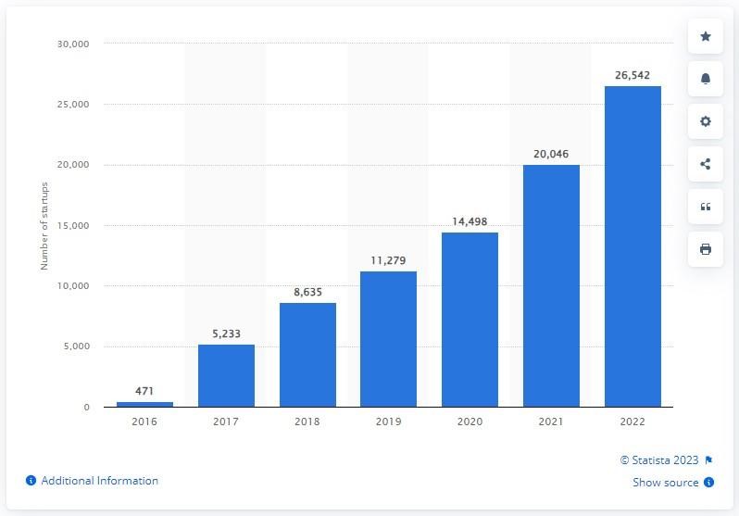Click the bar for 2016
click(x=144, y=404)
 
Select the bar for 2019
click(x=388, y=339)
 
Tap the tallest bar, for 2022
click(x=633, y=246)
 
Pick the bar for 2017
click(x=226, y=375)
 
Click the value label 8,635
click(x=307, y=292)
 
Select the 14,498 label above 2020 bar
click(x=470, y=221)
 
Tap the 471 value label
click(x=144, y=391)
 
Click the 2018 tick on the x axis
click(x=307, y=422)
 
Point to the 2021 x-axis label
click(x=551, y=422)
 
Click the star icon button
click(x=706, y=36)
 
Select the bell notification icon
click(x=706, y=79)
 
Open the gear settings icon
click(x=706, y=121)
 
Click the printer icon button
click(x=706, y=249)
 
